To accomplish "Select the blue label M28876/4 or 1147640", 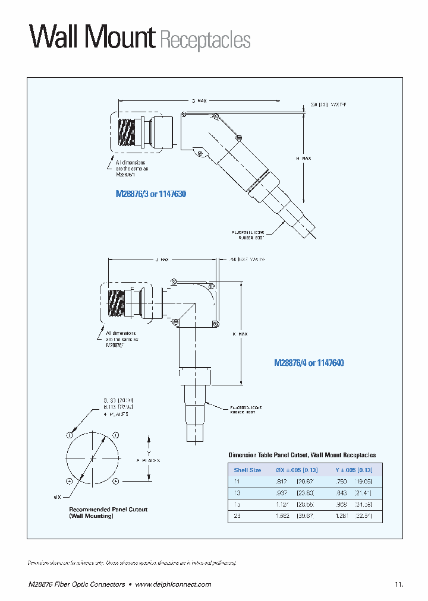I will (309, 362).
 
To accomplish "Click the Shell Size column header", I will (247, 470).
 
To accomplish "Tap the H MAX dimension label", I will (303, 159).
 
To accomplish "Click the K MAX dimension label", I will (240, 334).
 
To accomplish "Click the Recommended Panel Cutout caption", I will (108, 513).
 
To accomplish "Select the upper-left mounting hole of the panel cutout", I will (70, 435).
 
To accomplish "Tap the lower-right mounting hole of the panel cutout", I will (115, 480).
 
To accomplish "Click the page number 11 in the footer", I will (398, 584).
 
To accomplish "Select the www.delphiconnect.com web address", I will (173, 584).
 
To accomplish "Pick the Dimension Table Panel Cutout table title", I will (302, 455).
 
